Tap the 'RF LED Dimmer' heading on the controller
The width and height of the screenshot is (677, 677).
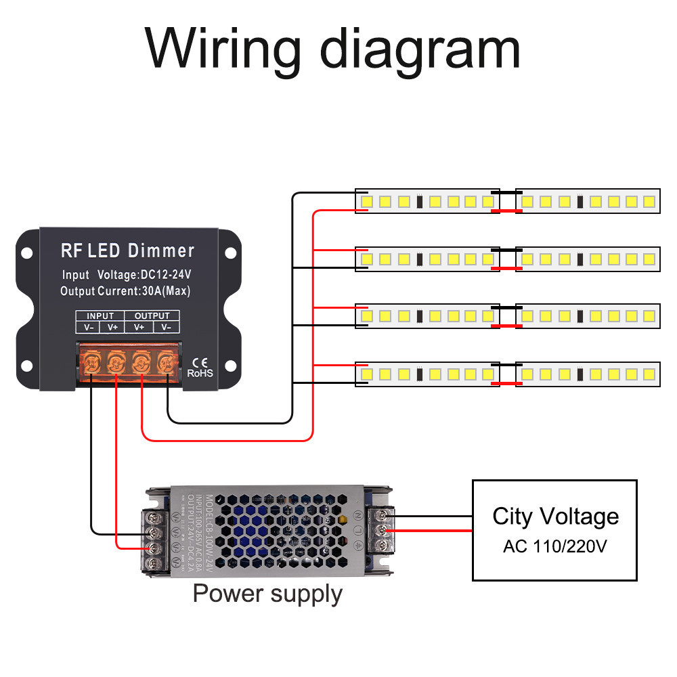(128, 250)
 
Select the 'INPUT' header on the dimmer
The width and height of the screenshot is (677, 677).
(100, 315)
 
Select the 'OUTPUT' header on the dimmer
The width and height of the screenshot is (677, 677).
(152, 315)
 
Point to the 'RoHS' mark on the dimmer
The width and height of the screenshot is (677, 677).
(200, 372)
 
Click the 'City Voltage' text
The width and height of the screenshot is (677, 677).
(555, 517)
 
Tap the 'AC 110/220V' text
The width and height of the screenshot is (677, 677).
(555, 546)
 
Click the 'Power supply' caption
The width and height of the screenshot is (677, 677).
(267, 594)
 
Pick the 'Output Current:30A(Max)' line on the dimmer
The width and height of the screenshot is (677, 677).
(125, 292)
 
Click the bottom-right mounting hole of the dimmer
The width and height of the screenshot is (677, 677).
(230, 366)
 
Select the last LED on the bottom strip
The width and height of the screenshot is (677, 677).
(649, 373)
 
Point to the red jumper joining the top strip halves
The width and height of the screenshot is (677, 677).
(507, 211)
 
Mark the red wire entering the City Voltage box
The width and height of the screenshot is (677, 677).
(433, 531)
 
